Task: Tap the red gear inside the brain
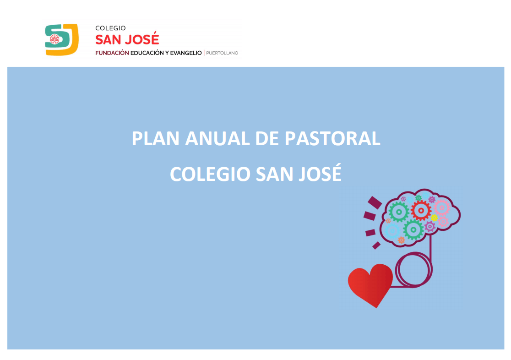click(421, 210)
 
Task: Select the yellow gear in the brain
click(434, 218)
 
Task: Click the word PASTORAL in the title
click(332, 139)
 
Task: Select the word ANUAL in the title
click(217, 139)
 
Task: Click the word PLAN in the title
click(155, 139)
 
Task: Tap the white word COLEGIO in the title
click(210, 174)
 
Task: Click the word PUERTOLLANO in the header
click(222, 53)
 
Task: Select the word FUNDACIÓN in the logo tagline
click(112, 53)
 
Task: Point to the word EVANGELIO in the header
click(186, 53)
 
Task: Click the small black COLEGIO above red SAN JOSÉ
click(110, 28)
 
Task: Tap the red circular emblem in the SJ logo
click(54, 39)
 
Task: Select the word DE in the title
click(267, 139)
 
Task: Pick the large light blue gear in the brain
click(392, 230)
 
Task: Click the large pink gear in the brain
click(442, 207)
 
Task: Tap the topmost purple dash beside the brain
click(375, 202)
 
